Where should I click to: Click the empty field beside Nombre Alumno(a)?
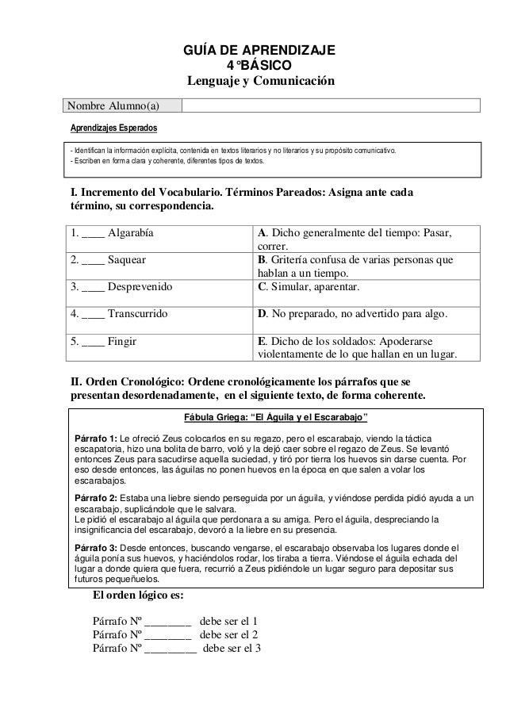click(x=331, y=106)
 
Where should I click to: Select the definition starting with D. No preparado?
click(x=353, y=314)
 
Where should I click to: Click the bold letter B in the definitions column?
click(x=263, y=259)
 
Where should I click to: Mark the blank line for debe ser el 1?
click(x=168, y=622)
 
